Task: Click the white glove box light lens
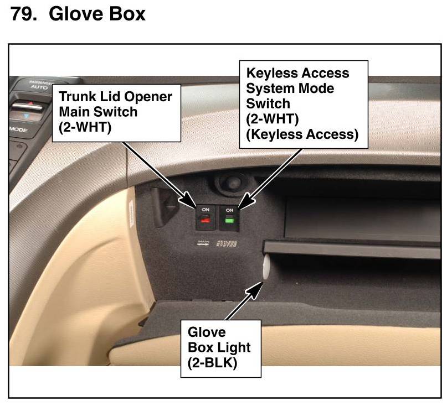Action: (x=264, y=268)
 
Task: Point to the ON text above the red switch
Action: (x=205, y=210)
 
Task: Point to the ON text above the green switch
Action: (x=229, y=210)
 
